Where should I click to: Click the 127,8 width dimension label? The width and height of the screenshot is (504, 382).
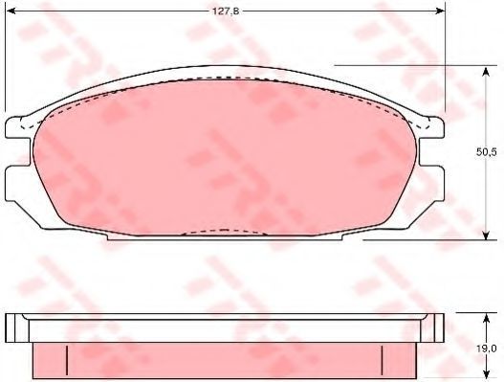click(226, 11)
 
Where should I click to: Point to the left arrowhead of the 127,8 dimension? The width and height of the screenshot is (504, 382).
click(11, 11)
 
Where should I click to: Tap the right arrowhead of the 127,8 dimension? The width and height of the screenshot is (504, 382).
click(440, 11)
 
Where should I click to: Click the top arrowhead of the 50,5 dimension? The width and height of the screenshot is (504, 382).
click(486, 71)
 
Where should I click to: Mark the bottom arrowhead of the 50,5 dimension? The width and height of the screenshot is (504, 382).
click(486, 235)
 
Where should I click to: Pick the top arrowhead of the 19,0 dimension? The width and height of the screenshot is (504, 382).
click(486, 318)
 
